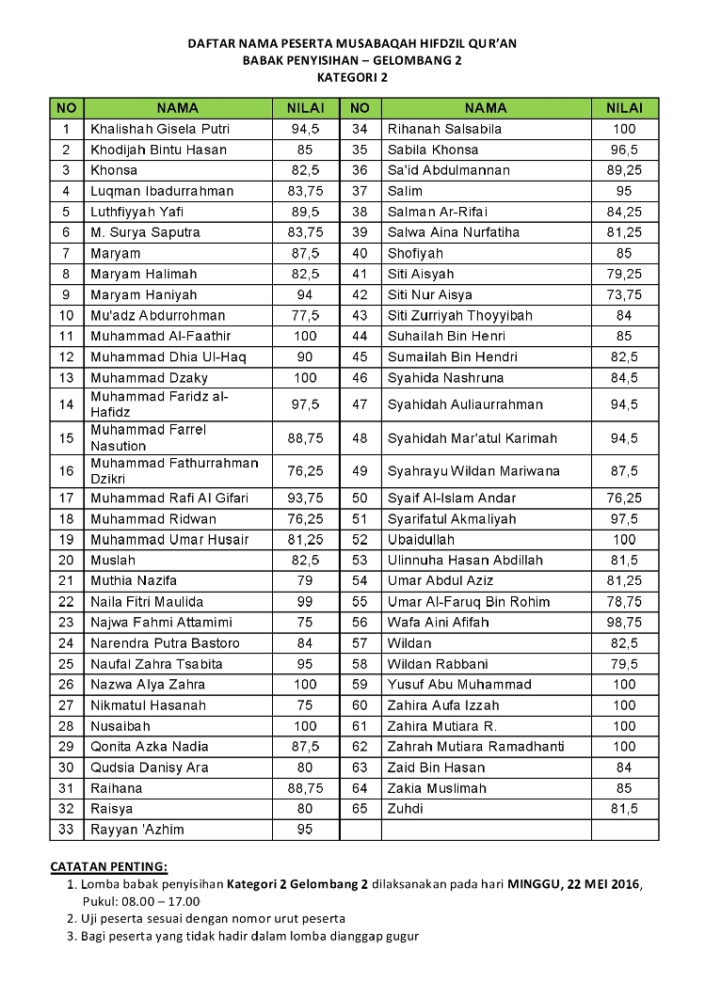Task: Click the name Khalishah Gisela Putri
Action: [x=160, y=129]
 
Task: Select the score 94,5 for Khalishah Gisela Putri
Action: [x=306, y=129]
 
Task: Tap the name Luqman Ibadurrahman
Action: [x=162, y=191]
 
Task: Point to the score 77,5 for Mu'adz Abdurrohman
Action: [x=306, y=315]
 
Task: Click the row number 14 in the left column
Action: [x=66, y=404]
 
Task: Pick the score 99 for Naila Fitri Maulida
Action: [x=306, y=601]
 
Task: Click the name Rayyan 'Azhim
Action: [x=137, y=829]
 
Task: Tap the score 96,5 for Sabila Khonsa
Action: [x=624, y=150]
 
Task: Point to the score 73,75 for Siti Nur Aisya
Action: [x=624, y=294]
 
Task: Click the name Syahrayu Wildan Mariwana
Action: [x=473, y=470]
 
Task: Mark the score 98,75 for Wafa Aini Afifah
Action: [x=624, y=622]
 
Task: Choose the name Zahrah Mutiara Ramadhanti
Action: [x=476, y=746]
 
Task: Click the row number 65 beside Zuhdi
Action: [x=360, y=808]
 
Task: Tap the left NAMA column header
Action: [x=178, y=108]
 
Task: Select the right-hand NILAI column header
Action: [x=624, y=108]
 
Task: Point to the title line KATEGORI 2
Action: [x=352, y=78]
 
